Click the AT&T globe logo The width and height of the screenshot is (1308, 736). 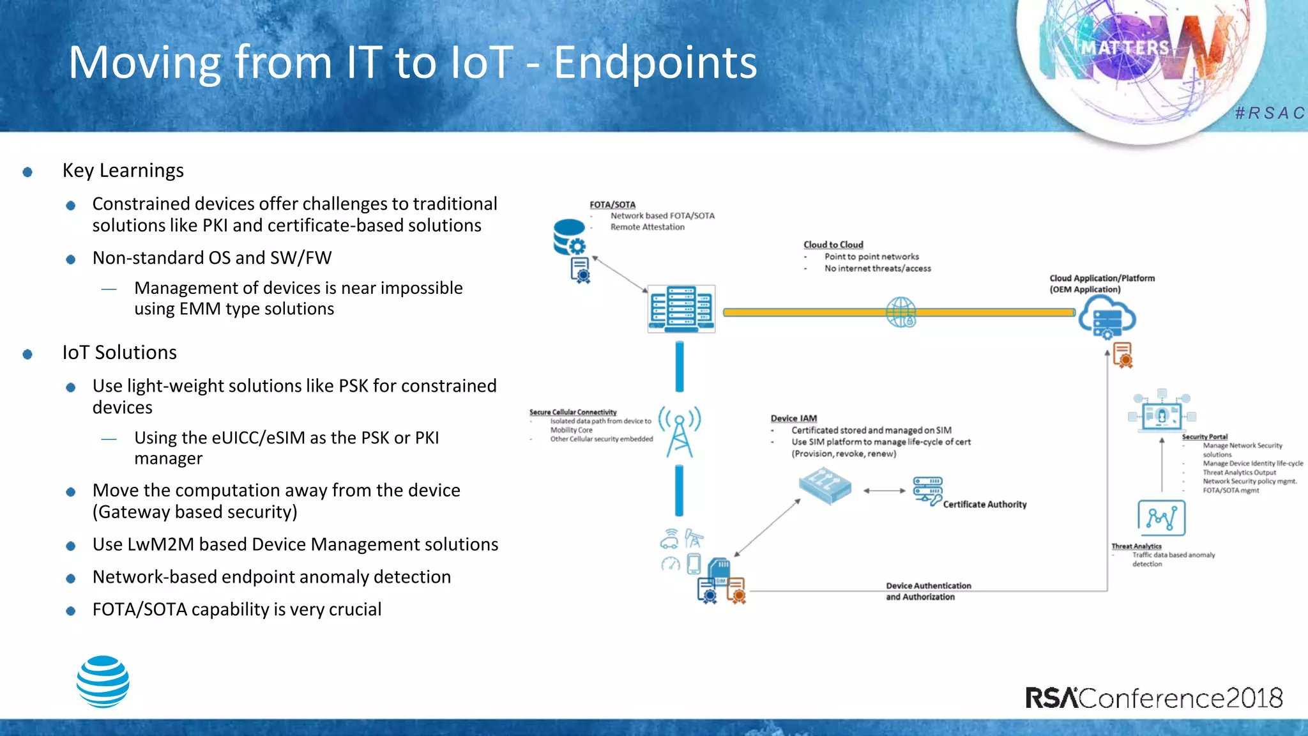click(103, 682)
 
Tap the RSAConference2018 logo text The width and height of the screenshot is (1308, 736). click(1153, 698)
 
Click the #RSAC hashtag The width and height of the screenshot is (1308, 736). click(1270, 113)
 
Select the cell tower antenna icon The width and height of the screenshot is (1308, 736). click(680, 432)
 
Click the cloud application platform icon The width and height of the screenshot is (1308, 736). click(1107, 318)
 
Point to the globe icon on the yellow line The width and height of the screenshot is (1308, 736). click(901, 312)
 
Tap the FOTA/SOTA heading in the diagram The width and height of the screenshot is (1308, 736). click(612, 204)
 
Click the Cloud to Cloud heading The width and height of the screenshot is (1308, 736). click(833, 245)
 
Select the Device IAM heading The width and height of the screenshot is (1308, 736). click(793, 418)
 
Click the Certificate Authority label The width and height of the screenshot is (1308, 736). click(984, 504)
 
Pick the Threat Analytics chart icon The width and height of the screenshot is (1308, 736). click(1161, 517)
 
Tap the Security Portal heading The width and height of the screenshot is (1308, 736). click(1205, 437)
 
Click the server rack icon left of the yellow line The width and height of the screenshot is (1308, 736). click(681, 309)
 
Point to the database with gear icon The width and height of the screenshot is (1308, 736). click(569, 237)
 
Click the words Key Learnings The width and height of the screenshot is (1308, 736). click(123, 171)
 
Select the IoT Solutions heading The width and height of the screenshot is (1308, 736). click(119, 353)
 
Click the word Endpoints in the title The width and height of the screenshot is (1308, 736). click(655, 63)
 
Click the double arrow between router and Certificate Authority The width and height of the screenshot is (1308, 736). click(885, 491)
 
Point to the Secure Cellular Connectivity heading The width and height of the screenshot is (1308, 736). click(573, 412)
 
